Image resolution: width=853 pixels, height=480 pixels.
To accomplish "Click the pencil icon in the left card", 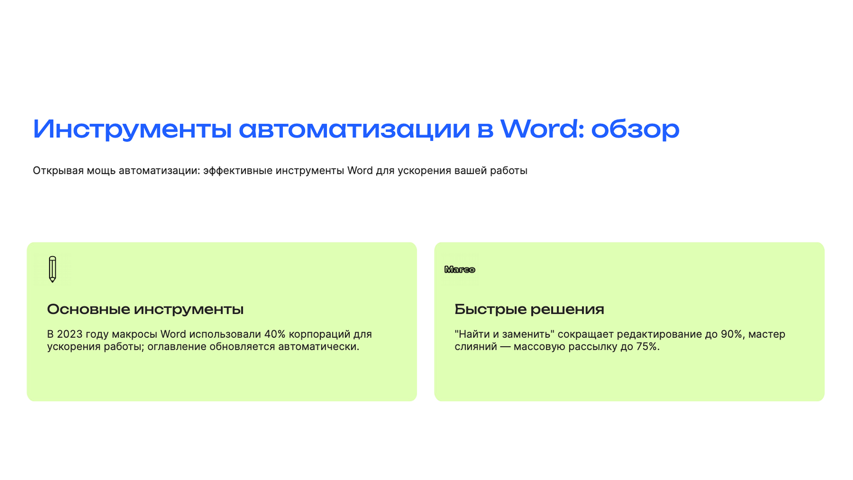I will pos(52,269).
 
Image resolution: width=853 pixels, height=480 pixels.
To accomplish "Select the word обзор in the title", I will pos(635,129).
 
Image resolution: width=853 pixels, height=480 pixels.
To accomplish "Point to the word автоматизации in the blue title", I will pos(354,129).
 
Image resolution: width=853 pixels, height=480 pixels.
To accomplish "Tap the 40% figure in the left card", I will pos(275,334).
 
